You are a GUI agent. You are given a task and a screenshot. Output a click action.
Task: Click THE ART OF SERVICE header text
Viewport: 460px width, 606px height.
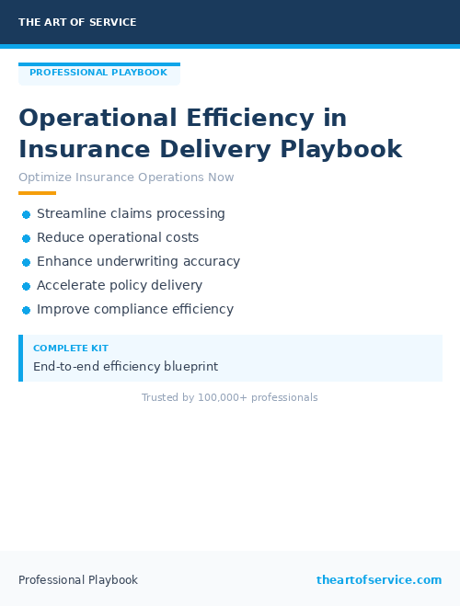click(77, 22)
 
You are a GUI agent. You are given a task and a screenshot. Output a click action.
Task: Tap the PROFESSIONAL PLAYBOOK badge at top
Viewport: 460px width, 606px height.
click(98, 73)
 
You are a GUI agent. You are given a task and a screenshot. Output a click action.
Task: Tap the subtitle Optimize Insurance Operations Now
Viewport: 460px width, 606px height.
click(126, 177)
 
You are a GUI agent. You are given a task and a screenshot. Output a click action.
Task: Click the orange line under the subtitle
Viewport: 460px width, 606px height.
click(37, 193)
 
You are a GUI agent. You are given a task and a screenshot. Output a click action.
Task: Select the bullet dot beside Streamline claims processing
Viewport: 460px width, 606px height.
click(27, 214)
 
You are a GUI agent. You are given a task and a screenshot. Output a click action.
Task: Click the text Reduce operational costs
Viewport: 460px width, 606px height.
click(118, 237)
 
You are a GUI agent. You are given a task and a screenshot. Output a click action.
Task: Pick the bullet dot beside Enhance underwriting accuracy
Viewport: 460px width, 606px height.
click(27, 262)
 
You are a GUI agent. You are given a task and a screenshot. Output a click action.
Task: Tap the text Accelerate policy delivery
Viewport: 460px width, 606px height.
click(120, 285)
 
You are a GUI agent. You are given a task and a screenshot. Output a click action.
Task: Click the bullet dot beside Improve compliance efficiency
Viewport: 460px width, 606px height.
click(27, 310)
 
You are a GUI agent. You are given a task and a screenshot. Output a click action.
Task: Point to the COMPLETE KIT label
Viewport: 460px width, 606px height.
click(70, 349)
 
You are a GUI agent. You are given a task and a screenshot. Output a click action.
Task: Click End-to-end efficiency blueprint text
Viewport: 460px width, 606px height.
click(125, 366)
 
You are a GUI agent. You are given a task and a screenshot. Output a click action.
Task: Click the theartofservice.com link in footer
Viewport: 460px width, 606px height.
click(379, 580)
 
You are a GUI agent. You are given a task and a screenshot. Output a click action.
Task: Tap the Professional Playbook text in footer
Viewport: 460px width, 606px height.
click(78, 580)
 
